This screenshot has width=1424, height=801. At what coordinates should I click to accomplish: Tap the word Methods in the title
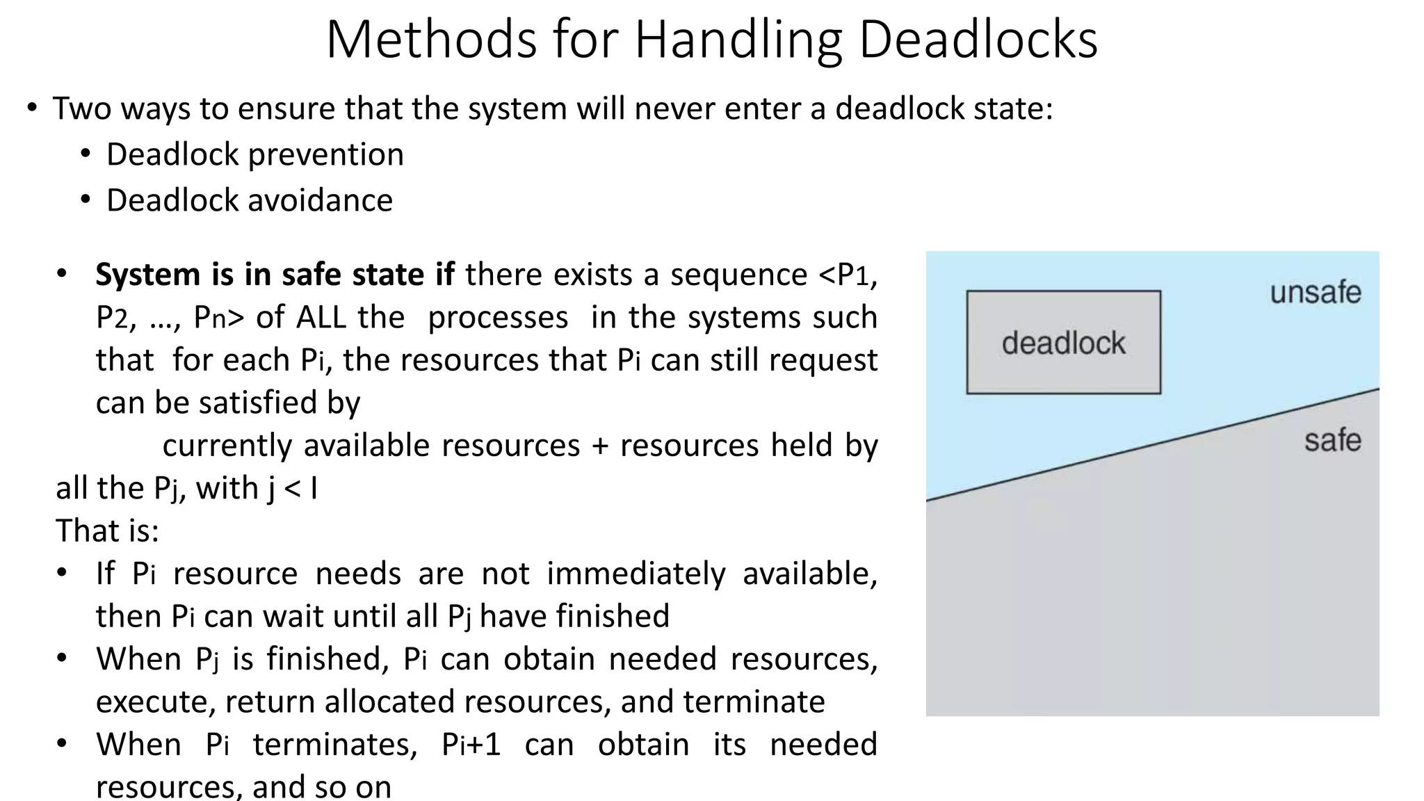pyautogui.click(x=431, y=40)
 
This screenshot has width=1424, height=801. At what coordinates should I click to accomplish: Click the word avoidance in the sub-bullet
pyautogui.click(x=320, y=201)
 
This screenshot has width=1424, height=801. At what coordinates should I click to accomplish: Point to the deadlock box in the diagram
pyautogui.click(x=1063, y=342)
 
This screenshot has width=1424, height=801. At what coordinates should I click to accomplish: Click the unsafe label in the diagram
pyautogui.click(x=1315, y=293)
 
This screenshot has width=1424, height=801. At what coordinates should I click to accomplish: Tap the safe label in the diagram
pyautogui.click(x=1332, y=441)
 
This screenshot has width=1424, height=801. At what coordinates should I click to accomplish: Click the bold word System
pyautogui.click(x=148, y=275)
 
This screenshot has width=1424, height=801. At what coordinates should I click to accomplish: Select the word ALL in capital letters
pyautogui.click(x=321, y=318)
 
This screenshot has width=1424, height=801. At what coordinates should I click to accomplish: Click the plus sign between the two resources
pyautogui.click(x=600, y=446)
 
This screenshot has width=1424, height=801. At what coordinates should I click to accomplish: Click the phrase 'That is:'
pyautogui.click(x=108, y=531)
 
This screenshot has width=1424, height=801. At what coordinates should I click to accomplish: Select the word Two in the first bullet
pyautogui.click(x=81, y=109)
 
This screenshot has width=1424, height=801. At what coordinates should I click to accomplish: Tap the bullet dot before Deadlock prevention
pyautogui.click(x=86, y=154)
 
